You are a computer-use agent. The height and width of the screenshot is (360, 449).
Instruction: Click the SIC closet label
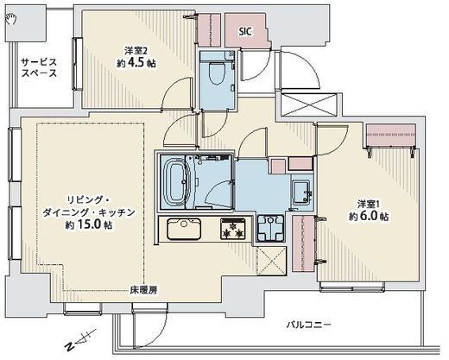[x=245, y=31]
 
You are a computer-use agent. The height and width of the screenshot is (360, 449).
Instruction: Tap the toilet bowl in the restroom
[x=218, y=73]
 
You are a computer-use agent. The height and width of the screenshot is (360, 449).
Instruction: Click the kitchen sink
[x=184, y=229]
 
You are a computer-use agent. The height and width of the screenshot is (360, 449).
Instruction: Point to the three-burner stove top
[x=233, y=229]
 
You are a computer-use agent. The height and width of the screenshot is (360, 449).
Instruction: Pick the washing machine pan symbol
[x=270, y=228]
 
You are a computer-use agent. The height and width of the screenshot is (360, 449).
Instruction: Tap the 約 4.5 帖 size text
[x=136, y=63]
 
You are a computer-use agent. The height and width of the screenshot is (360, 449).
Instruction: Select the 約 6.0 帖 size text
[x=369, y=216]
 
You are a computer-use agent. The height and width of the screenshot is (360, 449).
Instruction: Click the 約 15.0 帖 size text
[x=89, y=224]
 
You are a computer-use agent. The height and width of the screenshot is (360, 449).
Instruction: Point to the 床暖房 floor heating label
[x=143, y=290]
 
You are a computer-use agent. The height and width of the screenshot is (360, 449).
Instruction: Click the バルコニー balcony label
[x=309, y=325]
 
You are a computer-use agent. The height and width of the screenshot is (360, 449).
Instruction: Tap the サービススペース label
[x=40, y=67]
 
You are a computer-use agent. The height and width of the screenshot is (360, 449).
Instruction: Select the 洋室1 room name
[x=369, y=204]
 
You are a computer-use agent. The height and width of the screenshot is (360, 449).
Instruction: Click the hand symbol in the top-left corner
[x=11, y=19]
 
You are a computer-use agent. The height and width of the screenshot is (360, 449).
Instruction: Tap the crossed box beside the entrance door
[x=309, y=104]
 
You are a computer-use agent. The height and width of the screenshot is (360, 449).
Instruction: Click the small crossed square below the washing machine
[x=271, y=260]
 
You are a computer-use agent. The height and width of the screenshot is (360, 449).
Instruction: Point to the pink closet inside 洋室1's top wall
[x=391, y=135]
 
